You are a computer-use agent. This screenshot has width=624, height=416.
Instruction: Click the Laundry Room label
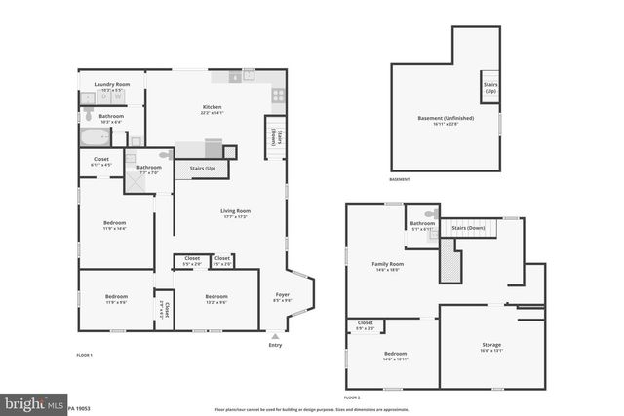(111, 86)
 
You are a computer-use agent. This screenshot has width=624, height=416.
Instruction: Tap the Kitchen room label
(212, 108)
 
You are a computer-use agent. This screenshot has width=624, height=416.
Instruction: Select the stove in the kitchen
(278, 95)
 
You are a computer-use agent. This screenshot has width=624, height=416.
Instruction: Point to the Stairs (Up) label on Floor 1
(202, 169)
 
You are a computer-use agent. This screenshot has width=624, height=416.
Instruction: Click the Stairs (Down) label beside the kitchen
(276, 136)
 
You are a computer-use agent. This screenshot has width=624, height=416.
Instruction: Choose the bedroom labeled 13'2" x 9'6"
(215, 298)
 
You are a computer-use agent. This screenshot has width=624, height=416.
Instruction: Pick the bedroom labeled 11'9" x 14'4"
(114, 224)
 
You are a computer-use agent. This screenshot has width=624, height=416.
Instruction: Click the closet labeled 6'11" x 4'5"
(101, 160)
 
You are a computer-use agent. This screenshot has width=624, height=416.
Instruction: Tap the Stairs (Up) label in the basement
(489, 88)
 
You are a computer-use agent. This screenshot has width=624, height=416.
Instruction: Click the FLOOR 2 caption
(353, 397)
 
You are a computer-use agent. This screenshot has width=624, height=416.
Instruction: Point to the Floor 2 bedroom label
(395, 354)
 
